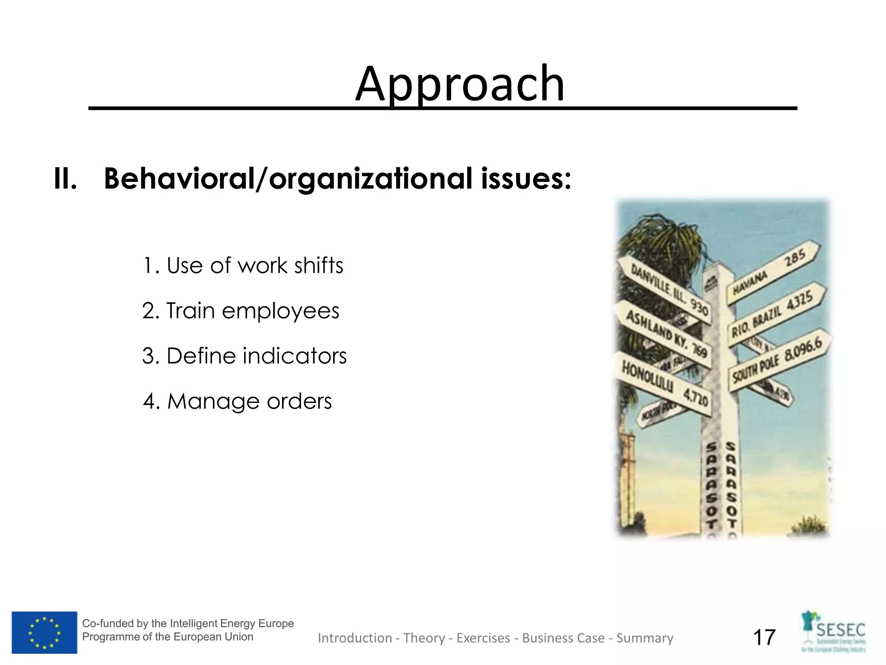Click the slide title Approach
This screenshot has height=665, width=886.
point(459,84)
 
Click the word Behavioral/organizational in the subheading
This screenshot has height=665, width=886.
point(287,178)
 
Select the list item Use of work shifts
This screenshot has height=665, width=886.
point(243,265)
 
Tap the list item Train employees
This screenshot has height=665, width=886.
point(241,311)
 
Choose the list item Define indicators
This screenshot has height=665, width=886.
point(244,356)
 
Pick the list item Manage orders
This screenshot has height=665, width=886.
point(238,401)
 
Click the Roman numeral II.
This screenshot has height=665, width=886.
point(65,178)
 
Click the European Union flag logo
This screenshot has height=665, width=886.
point(44,632)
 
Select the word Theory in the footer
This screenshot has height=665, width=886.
point(424,638)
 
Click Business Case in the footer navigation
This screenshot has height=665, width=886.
point(563,638)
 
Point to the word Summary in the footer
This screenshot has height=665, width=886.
point(645,638)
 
